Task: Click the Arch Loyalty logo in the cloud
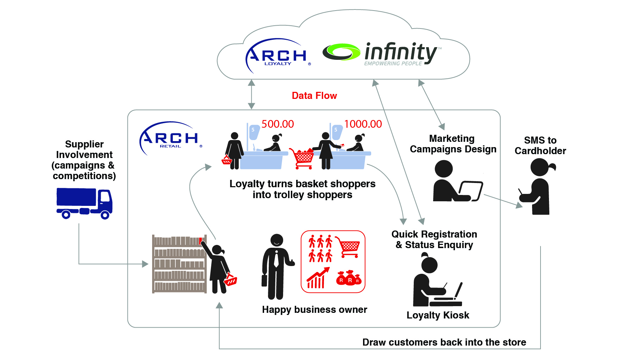point(277,54)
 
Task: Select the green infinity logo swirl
point(341,52)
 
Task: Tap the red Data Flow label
point(314,96)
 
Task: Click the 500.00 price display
point(277,124)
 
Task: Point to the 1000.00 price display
point(363,124)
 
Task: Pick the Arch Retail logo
point(170,138)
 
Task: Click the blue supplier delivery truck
point(84,203)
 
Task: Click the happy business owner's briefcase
point(264,280)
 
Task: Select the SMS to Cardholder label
point(540,146)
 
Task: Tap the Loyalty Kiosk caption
point(438,315)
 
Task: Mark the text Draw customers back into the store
point(444,342)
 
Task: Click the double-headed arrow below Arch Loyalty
point(251,94)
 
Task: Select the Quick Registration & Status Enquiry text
point(434,240)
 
